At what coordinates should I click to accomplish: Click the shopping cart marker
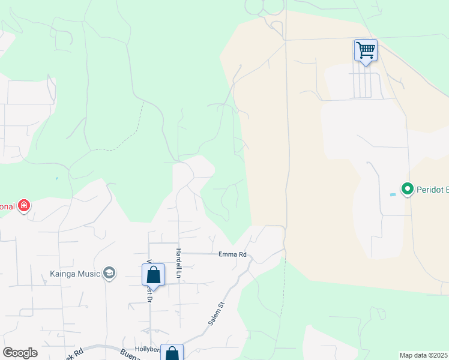click(366, 50)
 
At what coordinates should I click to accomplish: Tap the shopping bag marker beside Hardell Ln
click(153, 274)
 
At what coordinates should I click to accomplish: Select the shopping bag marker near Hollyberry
click(172, 353)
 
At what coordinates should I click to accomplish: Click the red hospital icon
click(24, 206)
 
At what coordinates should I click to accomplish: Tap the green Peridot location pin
click(408, 190)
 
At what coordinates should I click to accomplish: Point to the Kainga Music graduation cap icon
click(109, 274)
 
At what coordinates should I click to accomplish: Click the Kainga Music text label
click(74, 274)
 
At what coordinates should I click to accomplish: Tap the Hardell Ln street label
click(178, 263)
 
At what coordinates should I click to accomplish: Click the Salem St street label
click(216, 314)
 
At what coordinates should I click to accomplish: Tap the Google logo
click(20, 353)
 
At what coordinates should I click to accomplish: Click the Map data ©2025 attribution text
click(424, 355)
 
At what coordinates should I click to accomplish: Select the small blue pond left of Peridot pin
click(393, 194)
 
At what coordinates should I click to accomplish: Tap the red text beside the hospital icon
click(7, 206)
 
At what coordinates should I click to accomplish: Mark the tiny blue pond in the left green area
click(56, 178)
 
